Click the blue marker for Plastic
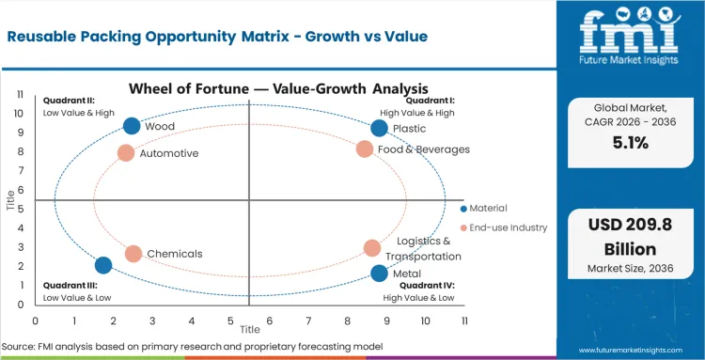379,128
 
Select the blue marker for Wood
132,126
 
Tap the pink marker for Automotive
126,152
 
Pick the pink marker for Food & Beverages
365,149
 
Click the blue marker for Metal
379,274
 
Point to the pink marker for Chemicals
133,254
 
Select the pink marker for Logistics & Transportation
372,248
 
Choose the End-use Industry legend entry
503,227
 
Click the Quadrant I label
430,100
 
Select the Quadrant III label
66,285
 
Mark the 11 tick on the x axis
463,321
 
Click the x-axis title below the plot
249,330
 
